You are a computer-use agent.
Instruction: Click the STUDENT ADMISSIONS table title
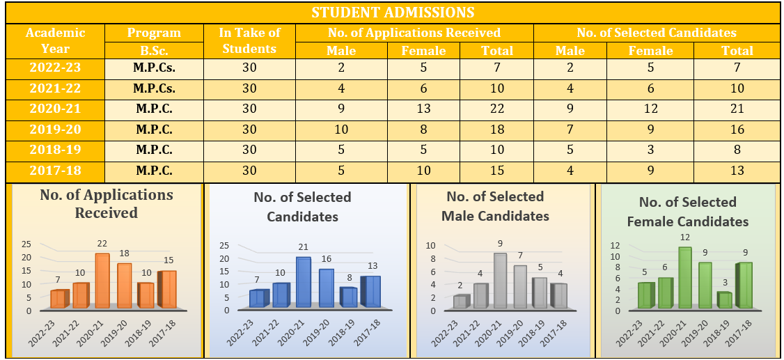tap(393, 13)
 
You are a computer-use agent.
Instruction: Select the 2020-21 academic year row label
tap(55, 109)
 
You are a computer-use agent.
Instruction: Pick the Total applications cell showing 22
tap(497, 109)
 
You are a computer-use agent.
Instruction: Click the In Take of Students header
tap(249, 40)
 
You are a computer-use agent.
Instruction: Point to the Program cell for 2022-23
tap(154, 68)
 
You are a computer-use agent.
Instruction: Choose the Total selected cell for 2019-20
tap(737, 130)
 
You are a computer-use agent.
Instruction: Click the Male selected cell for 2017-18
tap(570, 171)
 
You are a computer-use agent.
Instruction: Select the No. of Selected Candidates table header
tap(656, 33)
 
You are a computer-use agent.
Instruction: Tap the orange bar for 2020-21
tap(102, 281)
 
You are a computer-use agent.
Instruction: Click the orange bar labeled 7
tap(58, 299)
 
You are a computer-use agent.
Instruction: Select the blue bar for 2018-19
tap(347, 297)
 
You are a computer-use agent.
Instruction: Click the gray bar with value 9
tap(499, 280)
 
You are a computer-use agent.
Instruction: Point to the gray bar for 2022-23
tap(460, 302)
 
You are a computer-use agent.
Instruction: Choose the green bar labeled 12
tap(666, 277)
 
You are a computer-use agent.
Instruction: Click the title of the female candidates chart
tap(688, 212)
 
